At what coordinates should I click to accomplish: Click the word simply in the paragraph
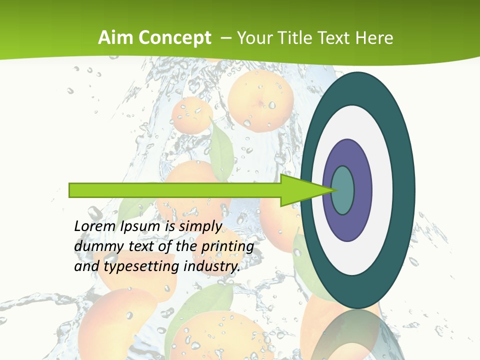click(200, 227)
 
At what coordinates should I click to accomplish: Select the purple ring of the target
click(362, 190)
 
